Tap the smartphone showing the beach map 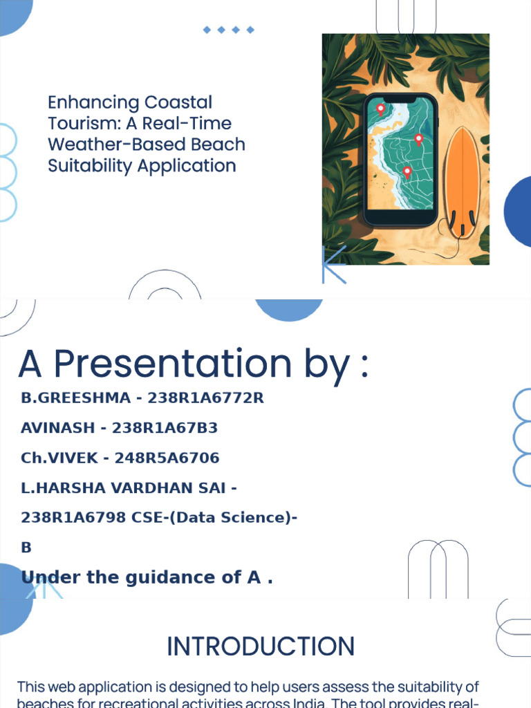point(400,160)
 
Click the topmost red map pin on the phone point(380,109)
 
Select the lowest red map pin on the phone point(407,171)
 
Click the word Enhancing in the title point(84,103)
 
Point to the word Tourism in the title point(77,124)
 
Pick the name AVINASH point(57,428)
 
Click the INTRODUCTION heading point(261,646)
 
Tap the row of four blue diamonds point(228,30)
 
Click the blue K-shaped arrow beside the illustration point(333,264)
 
